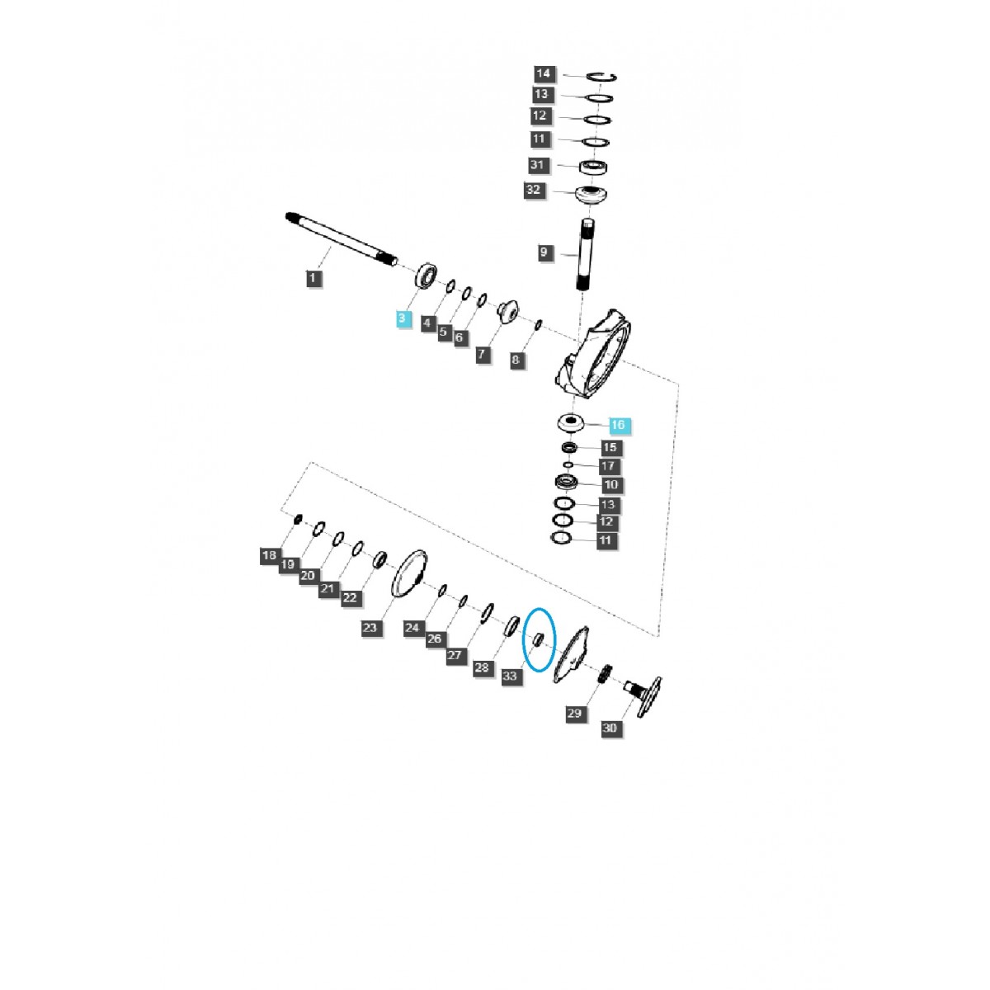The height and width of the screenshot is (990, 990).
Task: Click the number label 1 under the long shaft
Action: (313, 278)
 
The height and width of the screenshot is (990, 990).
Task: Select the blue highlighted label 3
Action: (403, 318)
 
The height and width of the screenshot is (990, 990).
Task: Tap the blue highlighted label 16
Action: (618, 425)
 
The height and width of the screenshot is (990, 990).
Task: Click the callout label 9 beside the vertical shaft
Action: (544, 252)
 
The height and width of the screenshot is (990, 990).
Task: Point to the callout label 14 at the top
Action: (544, 73)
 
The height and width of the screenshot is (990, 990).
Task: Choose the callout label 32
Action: (534, 190)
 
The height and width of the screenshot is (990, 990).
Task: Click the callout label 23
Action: (370, 628)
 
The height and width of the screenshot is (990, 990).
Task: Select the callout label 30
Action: (610, 728)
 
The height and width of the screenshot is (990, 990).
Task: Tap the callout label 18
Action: (269, 555)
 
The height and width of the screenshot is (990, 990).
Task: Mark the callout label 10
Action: (611, 484)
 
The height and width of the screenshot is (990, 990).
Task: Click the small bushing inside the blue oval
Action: (535, 639)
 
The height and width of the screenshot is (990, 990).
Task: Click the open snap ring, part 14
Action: (603, 77)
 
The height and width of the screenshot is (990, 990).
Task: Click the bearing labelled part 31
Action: (594, 166)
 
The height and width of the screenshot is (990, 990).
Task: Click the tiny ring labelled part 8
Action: (538, 325)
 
